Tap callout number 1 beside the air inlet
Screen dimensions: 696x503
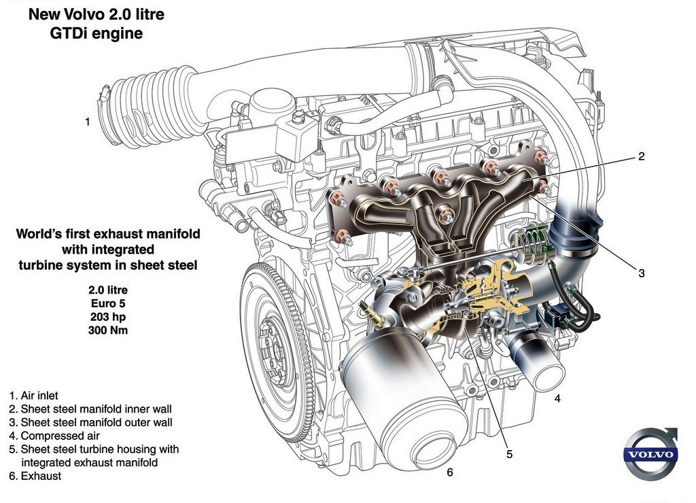tap(88, 122)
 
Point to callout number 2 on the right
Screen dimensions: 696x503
tap(641, 156)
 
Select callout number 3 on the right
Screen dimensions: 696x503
tap(642, 273)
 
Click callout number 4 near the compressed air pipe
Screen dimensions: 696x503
tap(557, 398)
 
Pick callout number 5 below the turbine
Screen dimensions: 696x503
tap(509, 454)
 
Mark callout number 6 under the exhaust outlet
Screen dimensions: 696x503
tap(450, 472)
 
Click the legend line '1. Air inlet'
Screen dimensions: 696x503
tap(34, 396)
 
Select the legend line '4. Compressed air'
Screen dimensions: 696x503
tap(54, 436)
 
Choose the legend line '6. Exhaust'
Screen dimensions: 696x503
tap(35, 476)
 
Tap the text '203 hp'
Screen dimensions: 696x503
tap(108, 317)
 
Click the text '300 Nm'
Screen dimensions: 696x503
tap(108, 330)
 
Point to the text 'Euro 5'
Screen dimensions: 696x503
tap(108, 304)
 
